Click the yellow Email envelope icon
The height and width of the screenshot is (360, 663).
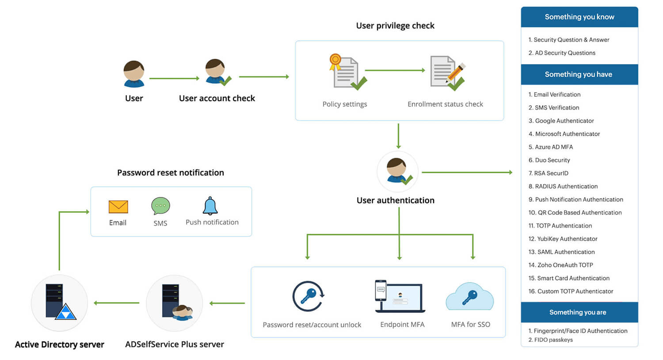coord(118,207)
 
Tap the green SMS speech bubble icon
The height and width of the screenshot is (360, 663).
coord(160,206)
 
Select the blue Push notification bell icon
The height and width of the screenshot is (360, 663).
coord(210,206)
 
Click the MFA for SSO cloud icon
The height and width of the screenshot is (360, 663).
coord(470,297)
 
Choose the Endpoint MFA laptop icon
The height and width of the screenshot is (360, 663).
coord(400,296)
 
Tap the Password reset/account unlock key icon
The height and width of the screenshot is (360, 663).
coord(309,296)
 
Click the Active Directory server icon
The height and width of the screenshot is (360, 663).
coord(60,303)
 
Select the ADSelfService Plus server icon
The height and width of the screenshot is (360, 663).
coord(175,303)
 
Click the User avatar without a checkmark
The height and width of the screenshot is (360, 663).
coord(134,74)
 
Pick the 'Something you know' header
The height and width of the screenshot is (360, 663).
coord(579,17)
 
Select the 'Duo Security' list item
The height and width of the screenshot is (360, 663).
coord(549,160)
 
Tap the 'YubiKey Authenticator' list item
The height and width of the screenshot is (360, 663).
coord(563,239)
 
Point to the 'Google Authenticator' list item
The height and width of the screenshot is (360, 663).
coord(561,121)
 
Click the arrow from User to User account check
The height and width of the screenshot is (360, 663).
coord(174,78)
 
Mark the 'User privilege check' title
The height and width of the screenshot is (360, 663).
coord(395,26)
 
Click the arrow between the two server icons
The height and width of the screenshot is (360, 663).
coord(117,303)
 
